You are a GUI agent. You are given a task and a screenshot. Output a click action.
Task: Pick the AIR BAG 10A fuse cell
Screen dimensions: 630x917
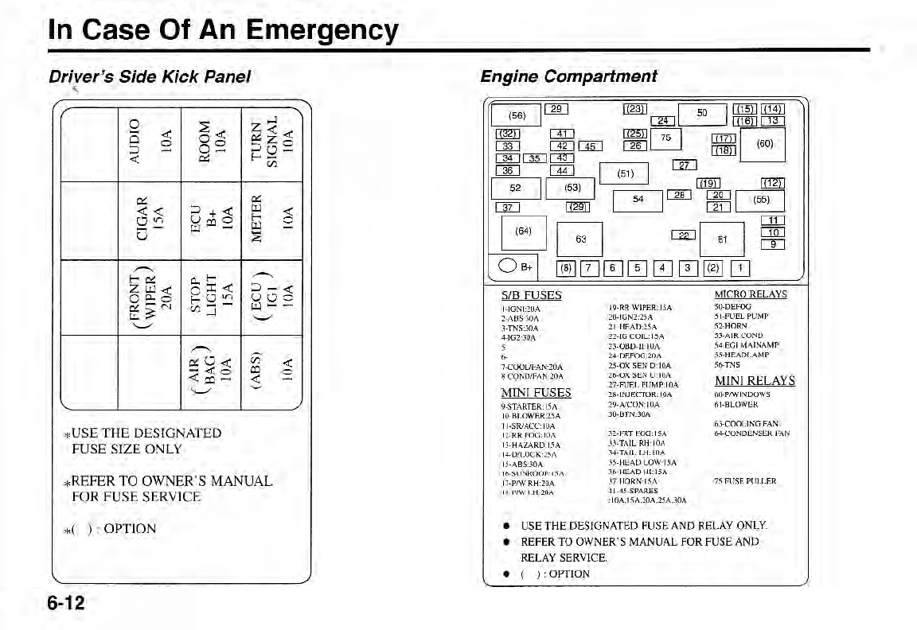[x=211, y=371]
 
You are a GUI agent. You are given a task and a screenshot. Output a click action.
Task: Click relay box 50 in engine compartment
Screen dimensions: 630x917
[x=701, y=114]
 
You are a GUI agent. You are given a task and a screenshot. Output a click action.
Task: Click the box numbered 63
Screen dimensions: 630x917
[x=580, y=239]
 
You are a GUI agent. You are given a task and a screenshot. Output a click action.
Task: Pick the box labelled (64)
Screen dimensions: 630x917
[x=523, y=231]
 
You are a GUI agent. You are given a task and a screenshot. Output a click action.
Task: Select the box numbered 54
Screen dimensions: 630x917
[x=638, y=200]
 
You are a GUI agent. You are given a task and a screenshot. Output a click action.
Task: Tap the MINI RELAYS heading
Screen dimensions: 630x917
[x=755, y=381]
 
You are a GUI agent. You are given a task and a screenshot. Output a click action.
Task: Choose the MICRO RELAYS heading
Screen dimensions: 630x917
[x=751, y=294]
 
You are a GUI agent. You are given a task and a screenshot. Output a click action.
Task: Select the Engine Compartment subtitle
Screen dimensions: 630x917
[x=568, y=76]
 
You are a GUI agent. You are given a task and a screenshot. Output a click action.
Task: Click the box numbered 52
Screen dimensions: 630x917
[x=515, y=189]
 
